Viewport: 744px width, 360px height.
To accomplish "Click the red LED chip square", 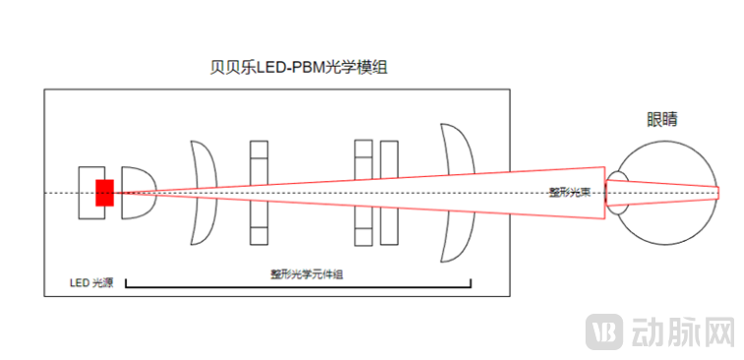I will [x=104, y=193].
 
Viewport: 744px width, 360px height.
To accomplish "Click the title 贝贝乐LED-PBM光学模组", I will [x=295, y=66].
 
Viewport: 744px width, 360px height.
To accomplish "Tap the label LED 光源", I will [x=91, y=283].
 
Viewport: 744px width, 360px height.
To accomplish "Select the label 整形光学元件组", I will [x=306, y=273].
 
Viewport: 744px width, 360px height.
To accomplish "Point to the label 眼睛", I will [x=661, y=120].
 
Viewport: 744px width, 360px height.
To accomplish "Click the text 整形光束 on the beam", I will [x=570, y=193].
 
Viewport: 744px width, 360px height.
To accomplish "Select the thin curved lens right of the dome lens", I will [x=205, y=192].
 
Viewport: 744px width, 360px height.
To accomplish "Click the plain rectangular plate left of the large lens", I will [x=389, y=193].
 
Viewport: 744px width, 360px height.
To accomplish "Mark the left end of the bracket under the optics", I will [x=127, y=284].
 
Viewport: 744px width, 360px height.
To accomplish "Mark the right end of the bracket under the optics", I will [x=470, y=284].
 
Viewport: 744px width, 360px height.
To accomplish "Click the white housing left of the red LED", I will [x=87, y=193].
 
